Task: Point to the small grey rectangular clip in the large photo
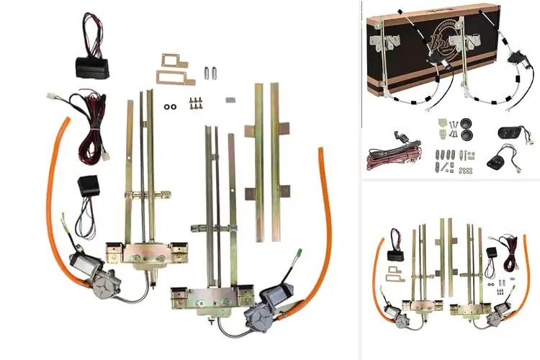(x=230, y=101)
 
